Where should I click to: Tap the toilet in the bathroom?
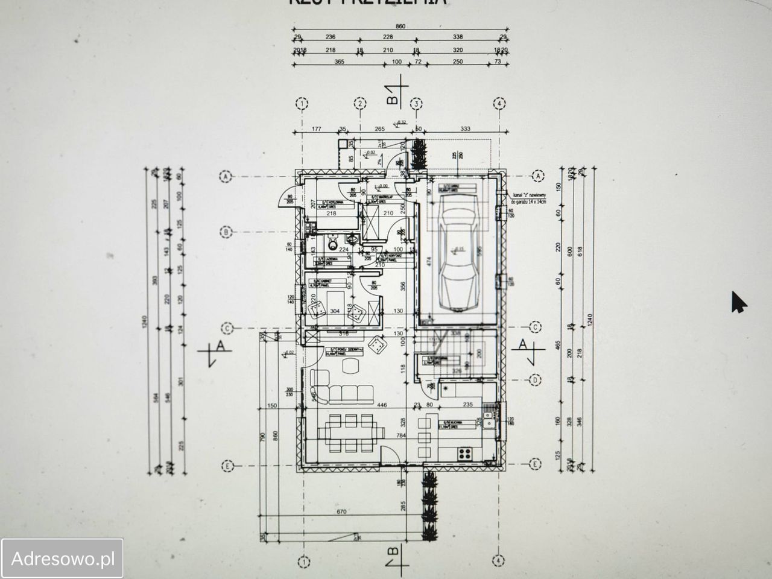[331, 244]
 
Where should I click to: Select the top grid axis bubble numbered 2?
[360, 103]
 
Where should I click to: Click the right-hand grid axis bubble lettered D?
[534, 380]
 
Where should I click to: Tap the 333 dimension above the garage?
[464, 128]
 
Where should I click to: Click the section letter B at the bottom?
[393, 553]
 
